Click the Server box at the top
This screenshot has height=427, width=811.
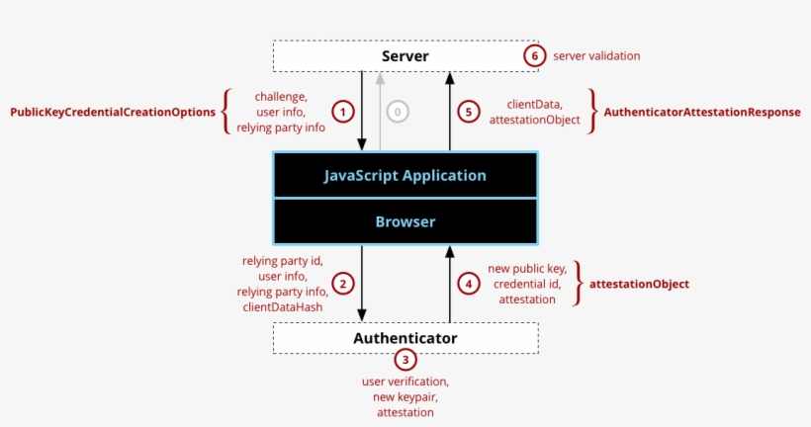tap(405, 56)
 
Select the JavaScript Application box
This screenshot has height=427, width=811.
tap(405, 175)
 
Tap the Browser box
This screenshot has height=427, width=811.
tap(405, 222)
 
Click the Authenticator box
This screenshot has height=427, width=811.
tap(405, 338)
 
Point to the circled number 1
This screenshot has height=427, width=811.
tap(342, 112)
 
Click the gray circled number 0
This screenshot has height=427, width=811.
tap(398, 112)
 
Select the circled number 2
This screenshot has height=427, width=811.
tap(342, 284)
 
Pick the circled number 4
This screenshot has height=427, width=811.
tap(469, 284)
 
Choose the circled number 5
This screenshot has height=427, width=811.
tap(469, 112)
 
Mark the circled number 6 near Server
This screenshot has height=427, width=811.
tap(534, 56)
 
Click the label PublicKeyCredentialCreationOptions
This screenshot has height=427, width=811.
tap(113, 112)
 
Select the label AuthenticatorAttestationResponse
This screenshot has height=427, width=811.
tap(702, 112)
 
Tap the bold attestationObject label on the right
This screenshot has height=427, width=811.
tap(639, 284)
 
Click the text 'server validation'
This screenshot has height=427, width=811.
tap(596, 56)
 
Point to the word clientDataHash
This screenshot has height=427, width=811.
tap(282, 307)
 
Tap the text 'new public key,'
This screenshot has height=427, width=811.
tap(527, 268)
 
